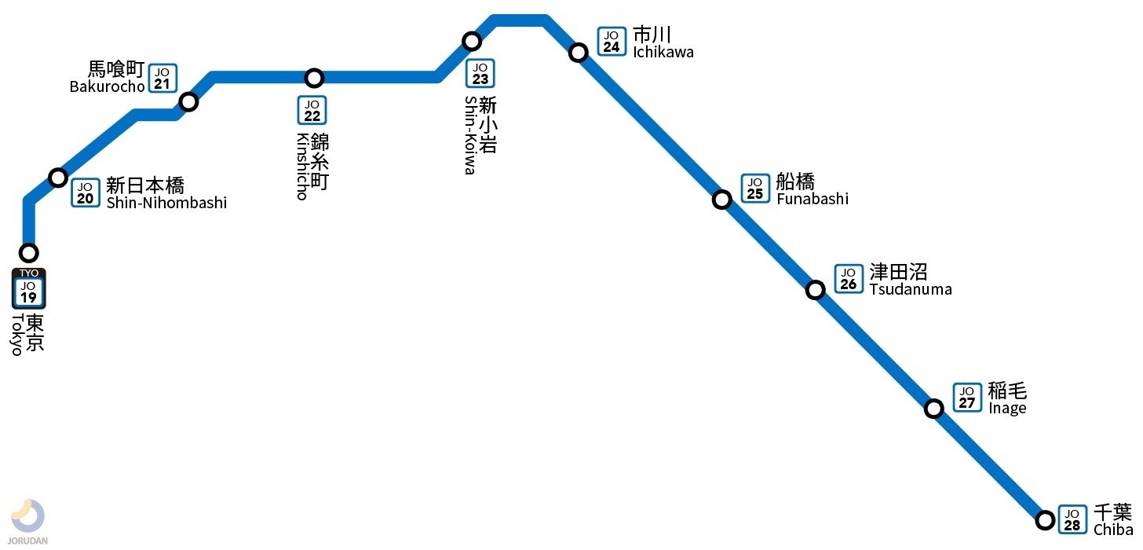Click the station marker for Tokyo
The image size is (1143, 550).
(28, 253)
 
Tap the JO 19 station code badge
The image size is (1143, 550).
(28, 292)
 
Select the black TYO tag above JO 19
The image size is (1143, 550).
(28, 273)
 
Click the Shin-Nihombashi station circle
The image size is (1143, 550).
(58, 178)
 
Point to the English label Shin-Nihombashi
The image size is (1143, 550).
(166, 203)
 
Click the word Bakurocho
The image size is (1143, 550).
(108, 86)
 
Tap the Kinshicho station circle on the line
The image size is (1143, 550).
(314, 78)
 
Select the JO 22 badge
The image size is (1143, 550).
(312, 110)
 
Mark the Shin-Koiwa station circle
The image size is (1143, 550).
(472, 41)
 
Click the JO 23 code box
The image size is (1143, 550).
(480, 74)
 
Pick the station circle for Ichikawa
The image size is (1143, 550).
(579, 53)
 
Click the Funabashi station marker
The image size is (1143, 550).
(722, 200)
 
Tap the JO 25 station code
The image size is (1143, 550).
(755, 189)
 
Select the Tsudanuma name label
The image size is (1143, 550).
(911, 289)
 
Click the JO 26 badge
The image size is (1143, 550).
(849, 278)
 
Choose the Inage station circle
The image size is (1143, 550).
(934, 409)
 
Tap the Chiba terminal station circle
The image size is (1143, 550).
(1045, 520)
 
